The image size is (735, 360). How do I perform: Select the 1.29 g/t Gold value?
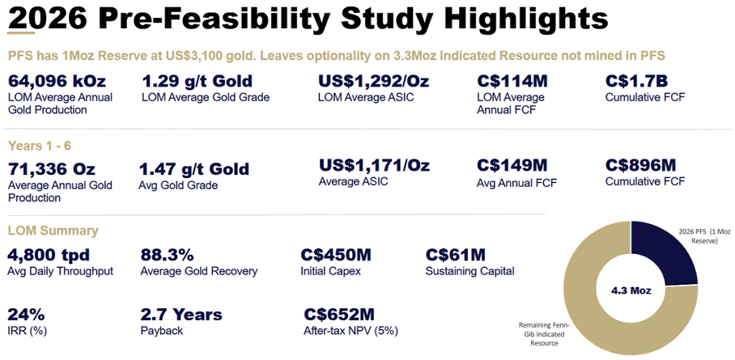pos(197,81)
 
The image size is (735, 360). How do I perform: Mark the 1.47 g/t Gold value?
pos(194,170)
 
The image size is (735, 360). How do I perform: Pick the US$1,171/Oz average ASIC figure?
pos(374,165)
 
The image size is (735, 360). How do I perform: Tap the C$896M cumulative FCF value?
pos(640,165)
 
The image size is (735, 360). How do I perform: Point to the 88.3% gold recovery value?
pos(169,255)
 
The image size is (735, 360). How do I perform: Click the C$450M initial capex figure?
pos(336,255)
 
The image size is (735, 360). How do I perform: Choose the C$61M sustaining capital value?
pos(455,255)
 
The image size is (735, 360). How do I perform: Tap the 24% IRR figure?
pos(25,314)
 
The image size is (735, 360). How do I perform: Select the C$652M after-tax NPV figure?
pos(339,314)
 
